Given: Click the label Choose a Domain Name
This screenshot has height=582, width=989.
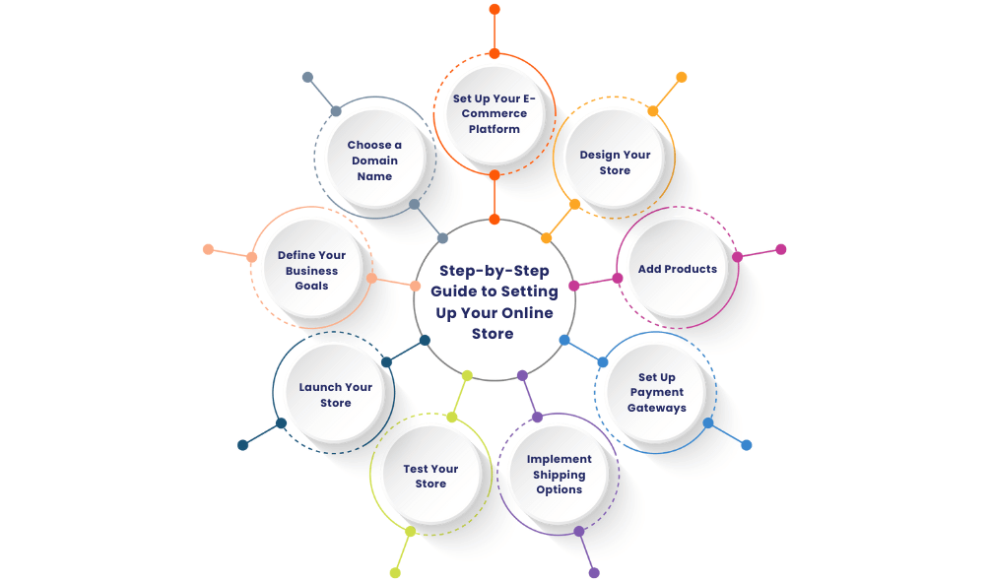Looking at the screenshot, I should tap(374, 161).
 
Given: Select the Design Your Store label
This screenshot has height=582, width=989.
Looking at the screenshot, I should tap(615, 162).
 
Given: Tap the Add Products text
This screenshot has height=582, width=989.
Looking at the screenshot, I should tap(677, 269).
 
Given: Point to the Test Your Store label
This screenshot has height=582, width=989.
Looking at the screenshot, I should tap(430, 477).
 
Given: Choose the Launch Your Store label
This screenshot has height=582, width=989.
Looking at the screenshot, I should tap(335, 395).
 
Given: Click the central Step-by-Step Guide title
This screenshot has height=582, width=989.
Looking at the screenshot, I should tap(494, 301).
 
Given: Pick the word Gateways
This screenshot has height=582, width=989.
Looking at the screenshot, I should tap(657, 408).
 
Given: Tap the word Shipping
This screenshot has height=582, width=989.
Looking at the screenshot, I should tap(559, 475).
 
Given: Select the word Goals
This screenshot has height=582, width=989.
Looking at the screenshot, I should tap(311, 286).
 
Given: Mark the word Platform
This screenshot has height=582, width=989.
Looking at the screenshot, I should tap(494, 129).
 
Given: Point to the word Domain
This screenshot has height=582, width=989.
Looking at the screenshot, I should tap(374, 161).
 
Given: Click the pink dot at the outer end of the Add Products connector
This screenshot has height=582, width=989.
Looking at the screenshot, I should tap(781, 249).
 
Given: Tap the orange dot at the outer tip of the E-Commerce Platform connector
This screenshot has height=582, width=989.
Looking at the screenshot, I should tap(494, 9).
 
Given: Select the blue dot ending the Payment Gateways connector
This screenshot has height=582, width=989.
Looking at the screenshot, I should tap(747, 445).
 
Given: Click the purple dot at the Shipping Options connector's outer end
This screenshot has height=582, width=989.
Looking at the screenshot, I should tap(594, 572).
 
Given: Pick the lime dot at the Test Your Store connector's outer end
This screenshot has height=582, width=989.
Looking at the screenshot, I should tap(395, 572).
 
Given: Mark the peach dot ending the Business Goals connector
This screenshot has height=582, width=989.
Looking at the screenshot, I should tap(208, 249).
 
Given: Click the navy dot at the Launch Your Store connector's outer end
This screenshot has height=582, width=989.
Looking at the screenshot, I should tap(242, 445).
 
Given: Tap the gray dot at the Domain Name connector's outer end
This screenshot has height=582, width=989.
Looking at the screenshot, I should tap(307, 77).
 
